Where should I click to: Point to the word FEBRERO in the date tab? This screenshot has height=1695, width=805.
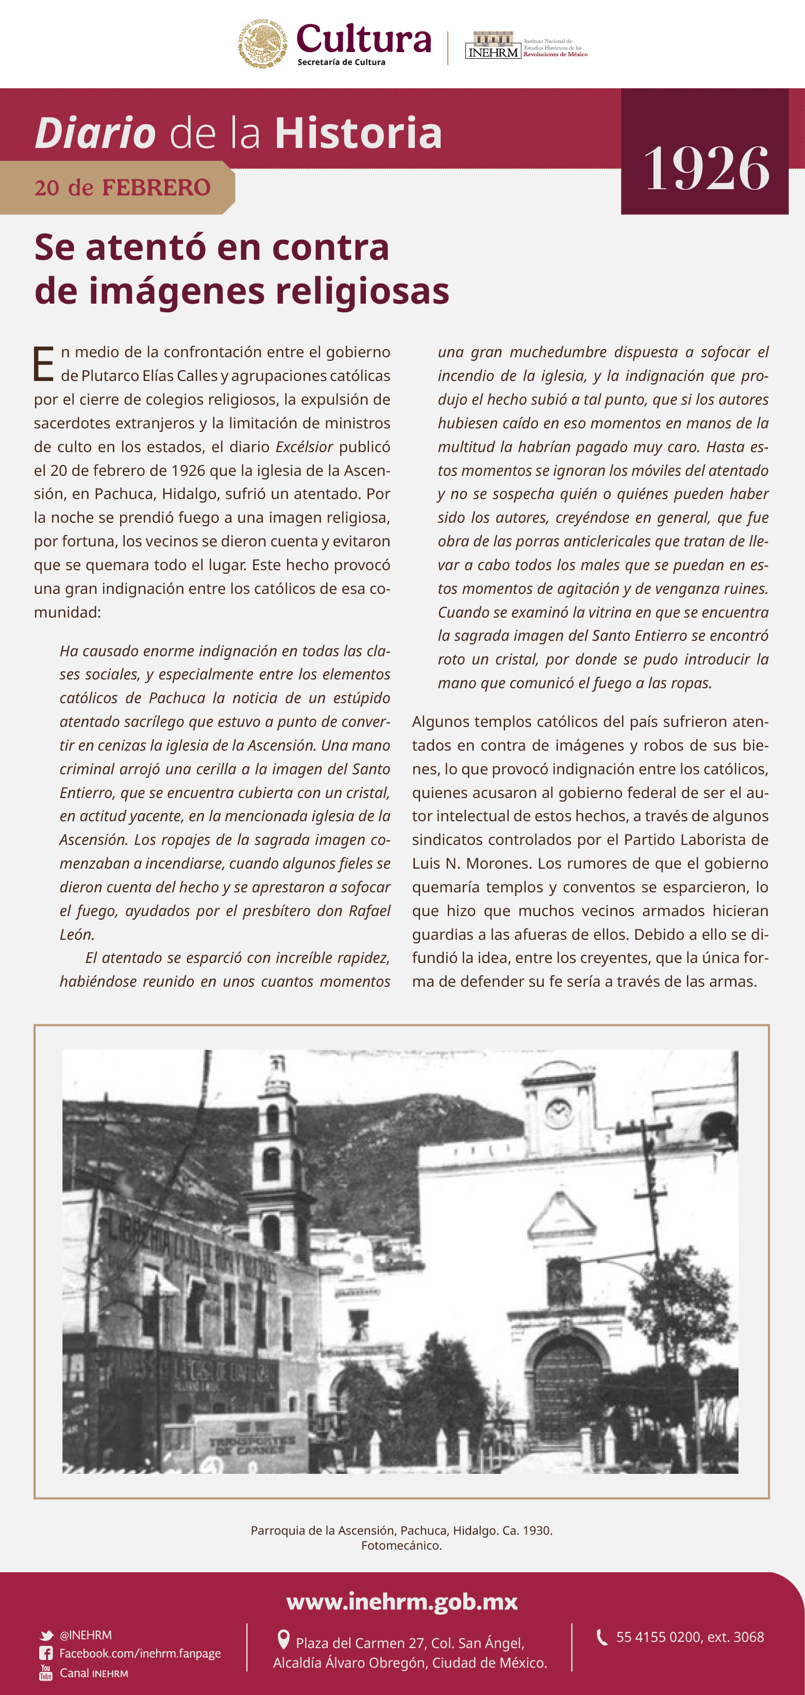156,188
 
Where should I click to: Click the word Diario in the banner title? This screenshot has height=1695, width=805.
95,133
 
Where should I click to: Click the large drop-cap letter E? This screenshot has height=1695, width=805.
43,364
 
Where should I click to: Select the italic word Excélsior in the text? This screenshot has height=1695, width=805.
304,447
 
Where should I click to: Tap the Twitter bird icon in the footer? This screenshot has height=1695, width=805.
46,1636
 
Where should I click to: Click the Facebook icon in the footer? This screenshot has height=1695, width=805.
46,1654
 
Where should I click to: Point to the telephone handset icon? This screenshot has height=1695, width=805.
601,1637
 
